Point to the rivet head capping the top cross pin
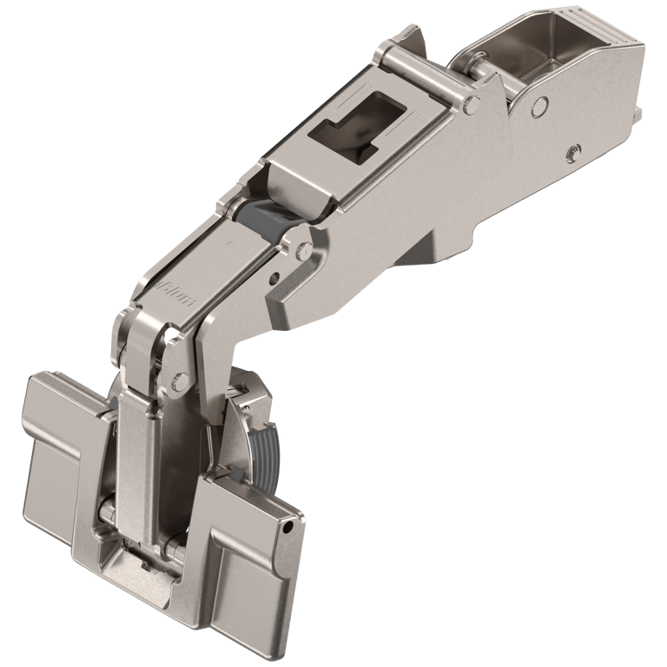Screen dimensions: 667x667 coord(470,104)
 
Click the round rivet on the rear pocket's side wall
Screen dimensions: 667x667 coord(538,105)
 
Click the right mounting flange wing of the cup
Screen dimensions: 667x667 coord(252,565)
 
